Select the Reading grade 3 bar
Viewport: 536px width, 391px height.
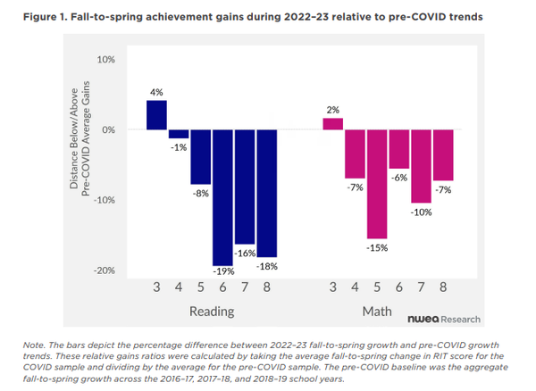pyautogui.click(x=156, y=115)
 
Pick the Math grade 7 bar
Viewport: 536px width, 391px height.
pyautogui.click(x=421, y=166)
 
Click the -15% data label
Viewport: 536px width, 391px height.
pyautogui.click(x=377, y=247)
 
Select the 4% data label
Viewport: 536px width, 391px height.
pyautogui.click(x=156, y=92)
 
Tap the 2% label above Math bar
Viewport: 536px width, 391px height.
pyautogui.click(x=333, y=110)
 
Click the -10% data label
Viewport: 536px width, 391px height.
pyautogui.click(x=421, y=212)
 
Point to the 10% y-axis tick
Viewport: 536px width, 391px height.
pyautogui.click(x=105, y=60)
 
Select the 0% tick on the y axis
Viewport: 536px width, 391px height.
pyautogui.click(x=108, y=130)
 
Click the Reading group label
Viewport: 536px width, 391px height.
pyautogui.click(x=212, y=312)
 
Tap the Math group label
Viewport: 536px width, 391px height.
pyautogui.click(x=376, y=312)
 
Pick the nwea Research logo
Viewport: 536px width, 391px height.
pyautogui.click(x=444, y=319)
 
